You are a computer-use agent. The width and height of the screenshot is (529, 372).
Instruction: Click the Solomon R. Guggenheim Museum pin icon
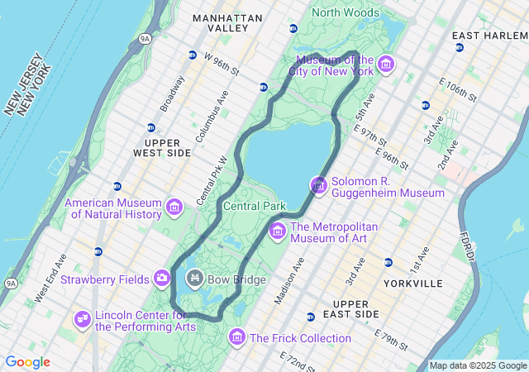pos(319,185)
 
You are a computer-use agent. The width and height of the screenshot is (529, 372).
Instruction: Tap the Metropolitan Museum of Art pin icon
pos(277,231)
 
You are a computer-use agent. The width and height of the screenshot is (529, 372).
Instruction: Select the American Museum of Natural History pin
pos(174,207)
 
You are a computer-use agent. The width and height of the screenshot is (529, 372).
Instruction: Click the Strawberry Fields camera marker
pos(162,278)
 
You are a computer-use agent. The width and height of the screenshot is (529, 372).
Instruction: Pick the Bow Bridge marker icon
pos(195,278)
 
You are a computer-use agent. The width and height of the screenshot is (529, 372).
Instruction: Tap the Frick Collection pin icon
pos(237,336)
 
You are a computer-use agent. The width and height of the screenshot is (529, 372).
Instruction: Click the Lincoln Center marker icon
pos(82,318)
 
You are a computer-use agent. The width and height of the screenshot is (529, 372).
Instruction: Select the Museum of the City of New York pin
pos(386,64)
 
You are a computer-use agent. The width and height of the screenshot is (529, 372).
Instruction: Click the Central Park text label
pos(255,206)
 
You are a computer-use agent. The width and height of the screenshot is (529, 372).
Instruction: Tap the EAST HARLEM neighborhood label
pos(489,36)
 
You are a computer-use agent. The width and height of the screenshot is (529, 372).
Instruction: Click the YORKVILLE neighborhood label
pos(413,284)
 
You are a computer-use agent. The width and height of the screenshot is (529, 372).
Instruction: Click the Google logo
pos(28,362)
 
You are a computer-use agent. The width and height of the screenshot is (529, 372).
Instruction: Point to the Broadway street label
pos(173,94)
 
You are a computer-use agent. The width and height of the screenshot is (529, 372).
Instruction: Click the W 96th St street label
pos(221,64)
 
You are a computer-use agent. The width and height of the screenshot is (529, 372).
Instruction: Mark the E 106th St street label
pos(459,90)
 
